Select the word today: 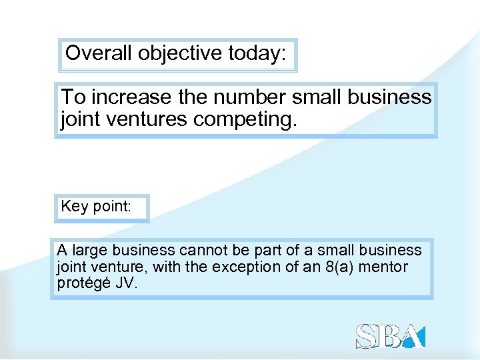(256, 53)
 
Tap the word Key (75, 207)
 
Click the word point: (112, 207)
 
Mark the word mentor (383, 267)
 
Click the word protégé (83, 283)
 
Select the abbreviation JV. (125, 283)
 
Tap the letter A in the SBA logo (413, 337)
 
